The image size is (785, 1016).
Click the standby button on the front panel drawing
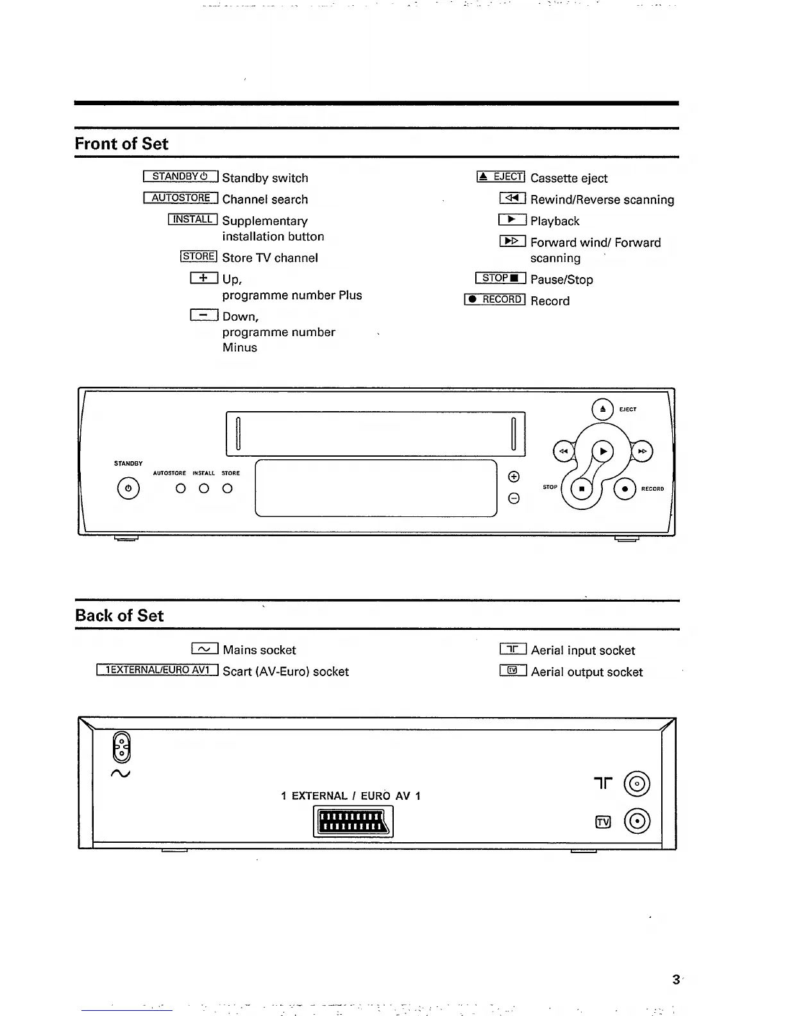point(128,489)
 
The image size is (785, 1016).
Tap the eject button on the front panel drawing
point(602,409)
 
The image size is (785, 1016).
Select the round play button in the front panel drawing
point(602,452)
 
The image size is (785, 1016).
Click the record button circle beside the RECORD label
point(625,489)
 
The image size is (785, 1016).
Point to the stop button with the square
point(582,489)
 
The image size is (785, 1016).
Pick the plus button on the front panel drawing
point(513,477)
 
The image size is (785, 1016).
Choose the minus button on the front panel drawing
point(513,498)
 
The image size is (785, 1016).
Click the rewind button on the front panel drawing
point(563,452)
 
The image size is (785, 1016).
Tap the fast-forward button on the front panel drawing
point(642,452)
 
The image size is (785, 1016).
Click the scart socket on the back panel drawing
point(353,821)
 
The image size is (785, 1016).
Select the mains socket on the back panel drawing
point(122,747)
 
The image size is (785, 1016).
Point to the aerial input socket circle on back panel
point(637,784)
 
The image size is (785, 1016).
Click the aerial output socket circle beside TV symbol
point(637,821)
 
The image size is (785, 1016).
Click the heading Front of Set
point(121,144)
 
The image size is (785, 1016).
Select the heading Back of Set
point(119,616)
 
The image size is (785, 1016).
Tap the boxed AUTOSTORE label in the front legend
point(181,198)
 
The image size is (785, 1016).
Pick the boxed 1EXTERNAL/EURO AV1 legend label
point(158,670)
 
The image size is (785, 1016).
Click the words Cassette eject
point(569,178)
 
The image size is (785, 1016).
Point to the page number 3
point(675,979)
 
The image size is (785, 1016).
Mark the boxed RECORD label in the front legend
point(495,300)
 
